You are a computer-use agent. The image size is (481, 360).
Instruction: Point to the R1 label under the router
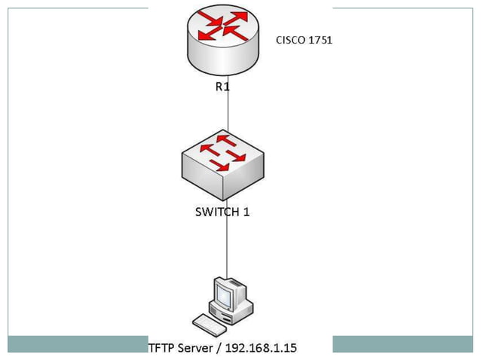tap(223, 87)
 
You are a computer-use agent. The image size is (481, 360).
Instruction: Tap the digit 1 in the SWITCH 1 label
tap(246, 212)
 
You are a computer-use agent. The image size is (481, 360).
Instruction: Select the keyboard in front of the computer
tap(210, 324)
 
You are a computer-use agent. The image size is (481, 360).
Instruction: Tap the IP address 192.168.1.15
tap(265, 348)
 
